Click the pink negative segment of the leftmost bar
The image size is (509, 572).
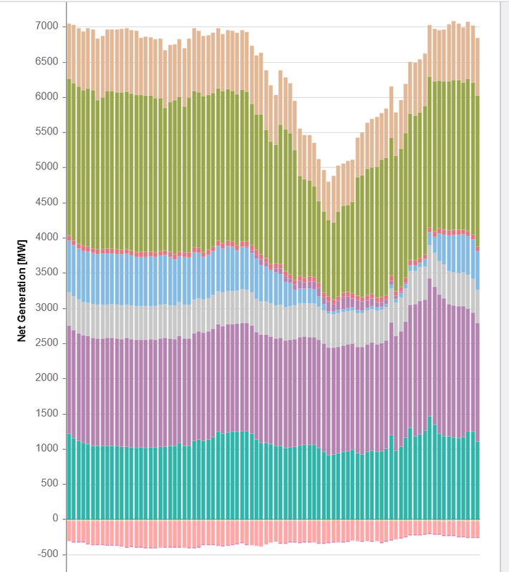pyautogui.click(x=69, y=530)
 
